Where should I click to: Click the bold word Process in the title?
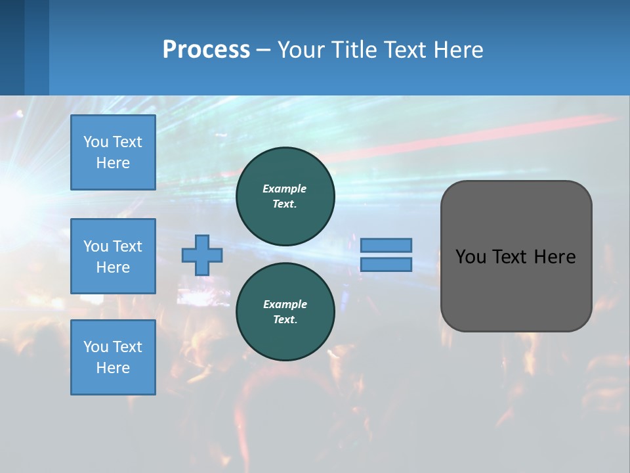[x=206, y=50]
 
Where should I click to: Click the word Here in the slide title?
[x=459, y=50]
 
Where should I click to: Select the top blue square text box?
[x=113, y=152]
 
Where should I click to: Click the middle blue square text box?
[x=113, y=256]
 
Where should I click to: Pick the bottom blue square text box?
[x=113, y=357]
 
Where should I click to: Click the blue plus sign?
[x=202, y=256]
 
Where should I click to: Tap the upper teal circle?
[x=285, y=196]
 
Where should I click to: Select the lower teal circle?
[x=285, y=312]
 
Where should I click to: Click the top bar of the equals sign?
[x=387, y=246]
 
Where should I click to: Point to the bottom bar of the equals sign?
[x=387, y=265]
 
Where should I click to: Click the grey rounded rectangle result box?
[x=516, y=256]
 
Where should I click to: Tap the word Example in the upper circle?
[x=285, y=189]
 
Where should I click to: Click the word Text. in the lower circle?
[x=285, y=320]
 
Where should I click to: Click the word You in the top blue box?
[x=96, y=142]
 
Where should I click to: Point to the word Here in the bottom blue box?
[x=113, y=368]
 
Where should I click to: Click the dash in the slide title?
[x=264, y=50]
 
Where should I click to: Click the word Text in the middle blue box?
[x=127, y=246]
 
